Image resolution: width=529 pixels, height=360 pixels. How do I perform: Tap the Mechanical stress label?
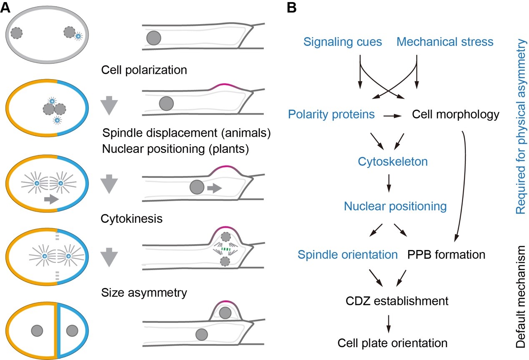coord(445,42)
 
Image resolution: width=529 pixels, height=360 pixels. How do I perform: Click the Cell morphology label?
coord(455,115)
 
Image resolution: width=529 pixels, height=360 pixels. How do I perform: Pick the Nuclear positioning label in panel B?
coord(395,206)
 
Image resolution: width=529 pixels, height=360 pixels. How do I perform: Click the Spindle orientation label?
coord(348,254)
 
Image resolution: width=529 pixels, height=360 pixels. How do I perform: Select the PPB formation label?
coord(446,254)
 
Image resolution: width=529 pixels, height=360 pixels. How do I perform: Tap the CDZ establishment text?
coord(397,300)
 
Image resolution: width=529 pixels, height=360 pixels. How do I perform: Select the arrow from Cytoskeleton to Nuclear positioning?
coord(389,183)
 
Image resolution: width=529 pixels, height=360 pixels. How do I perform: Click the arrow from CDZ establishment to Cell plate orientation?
coord(389,322)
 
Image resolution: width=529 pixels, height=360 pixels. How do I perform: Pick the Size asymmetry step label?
coord(144,292)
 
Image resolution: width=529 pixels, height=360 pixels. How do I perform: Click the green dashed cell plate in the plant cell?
coord(226,250)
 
